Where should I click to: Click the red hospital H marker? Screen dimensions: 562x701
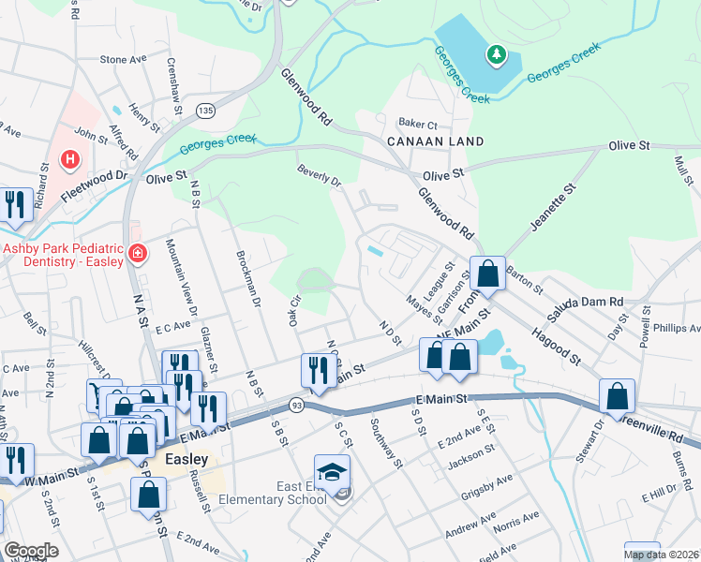point(68,160)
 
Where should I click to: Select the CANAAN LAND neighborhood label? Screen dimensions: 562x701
point(436,141)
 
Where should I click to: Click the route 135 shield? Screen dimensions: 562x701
point(204,111)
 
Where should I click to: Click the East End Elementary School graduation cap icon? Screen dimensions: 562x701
point(332,471)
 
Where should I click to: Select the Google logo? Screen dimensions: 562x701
point(30,551)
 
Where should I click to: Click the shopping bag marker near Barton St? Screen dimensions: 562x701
point(487,274)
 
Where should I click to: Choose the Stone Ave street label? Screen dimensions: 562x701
point(124,59)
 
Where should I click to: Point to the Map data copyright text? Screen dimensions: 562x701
point(661,555)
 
